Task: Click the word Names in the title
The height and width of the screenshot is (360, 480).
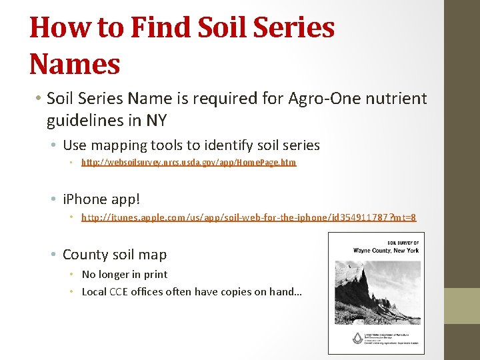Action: pos(75,64)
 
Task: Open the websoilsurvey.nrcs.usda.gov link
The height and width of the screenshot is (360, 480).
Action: pos(189,162)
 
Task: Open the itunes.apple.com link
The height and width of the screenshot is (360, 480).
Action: pos(249,217)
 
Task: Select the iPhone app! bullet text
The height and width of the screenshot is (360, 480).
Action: pos(102,199)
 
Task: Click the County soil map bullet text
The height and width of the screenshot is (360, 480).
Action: pos(115,254)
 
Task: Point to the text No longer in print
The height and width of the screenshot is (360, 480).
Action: pos(125,274)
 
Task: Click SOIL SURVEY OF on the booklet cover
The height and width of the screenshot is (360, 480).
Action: pos(403,243)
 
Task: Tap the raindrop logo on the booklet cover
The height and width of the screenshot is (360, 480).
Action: pos(339,338)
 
